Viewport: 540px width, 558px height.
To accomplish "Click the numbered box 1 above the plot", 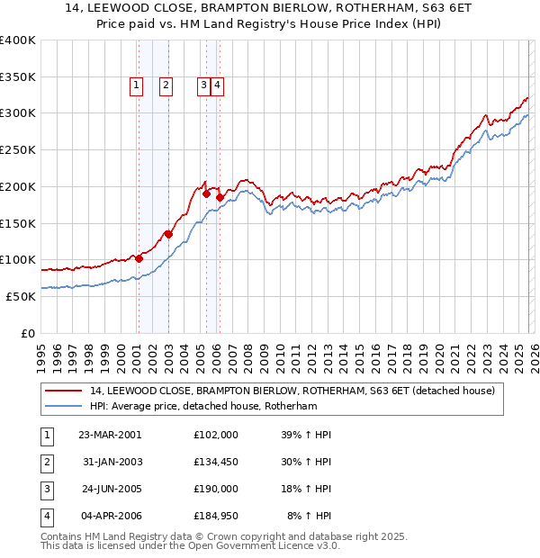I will [x=136, y=85].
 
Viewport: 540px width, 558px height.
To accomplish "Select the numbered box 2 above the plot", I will [x=166, y=85].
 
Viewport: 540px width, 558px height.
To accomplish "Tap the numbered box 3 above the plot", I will [x=204, y=85].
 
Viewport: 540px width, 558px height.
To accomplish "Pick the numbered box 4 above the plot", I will [x=218, y=85].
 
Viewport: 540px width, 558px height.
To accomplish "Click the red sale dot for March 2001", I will [x=139, y=258].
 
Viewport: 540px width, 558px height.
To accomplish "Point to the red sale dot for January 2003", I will [x=168, y=235].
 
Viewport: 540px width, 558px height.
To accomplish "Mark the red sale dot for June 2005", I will [x=206, y=193].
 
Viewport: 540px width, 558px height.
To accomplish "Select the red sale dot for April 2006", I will [x=219, y=197].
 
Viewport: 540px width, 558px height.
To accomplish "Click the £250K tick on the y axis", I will [x=18, y=150].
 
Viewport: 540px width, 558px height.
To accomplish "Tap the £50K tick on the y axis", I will [x=22, y=296].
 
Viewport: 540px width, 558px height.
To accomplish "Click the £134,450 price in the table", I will [x=216, y=462].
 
